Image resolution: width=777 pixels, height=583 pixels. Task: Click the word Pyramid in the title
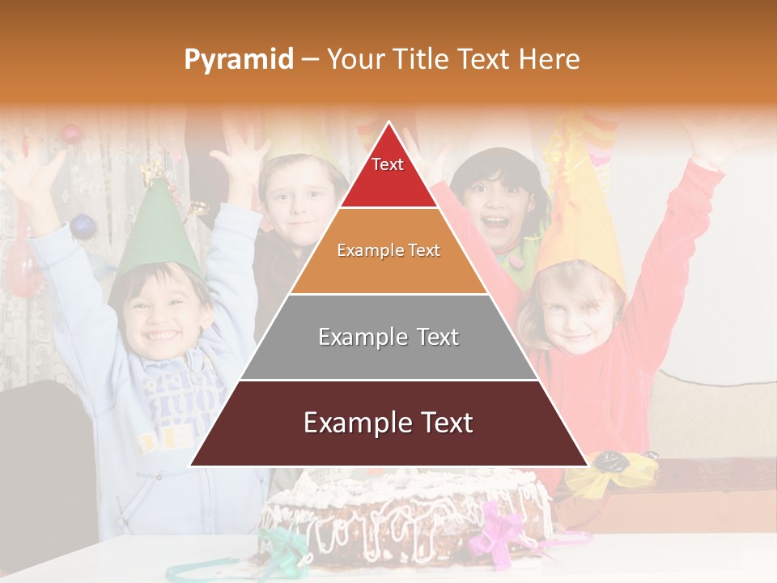(x=238, y=60)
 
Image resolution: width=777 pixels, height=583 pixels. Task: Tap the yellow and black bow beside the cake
(x=611, y=474)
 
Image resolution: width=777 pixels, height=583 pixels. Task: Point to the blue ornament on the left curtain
(x=83, y=226)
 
